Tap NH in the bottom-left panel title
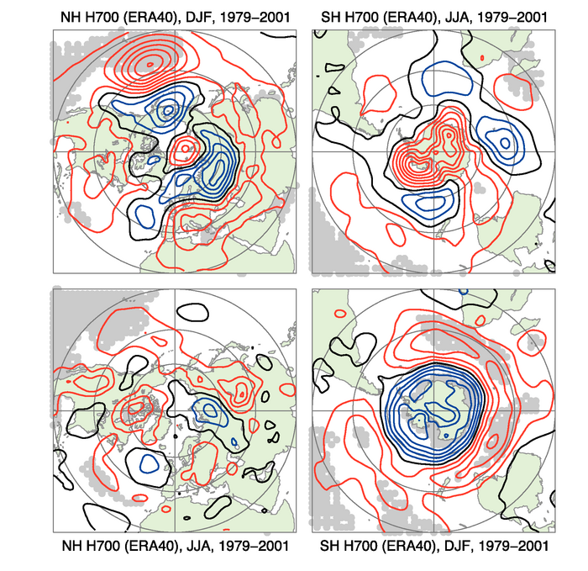[73, 547]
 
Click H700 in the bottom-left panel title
[105, 547]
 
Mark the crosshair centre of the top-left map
[175, 151]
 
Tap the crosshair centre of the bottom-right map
[434, 410]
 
